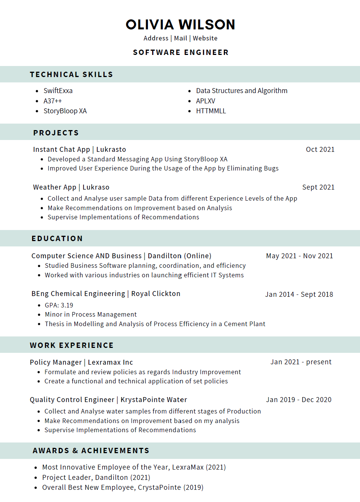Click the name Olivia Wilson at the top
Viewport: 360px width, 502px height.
pyautogui.click(x=180, y=25)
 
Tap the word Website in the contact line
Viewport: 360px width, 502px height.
pyautogui.click(x=205, y=38)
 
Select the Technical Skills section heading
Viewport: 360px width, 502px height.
pyautogui.click(x=71, y=74)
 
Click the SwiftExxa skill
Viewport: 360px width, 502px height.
pyautogui.click(x=58, y=91)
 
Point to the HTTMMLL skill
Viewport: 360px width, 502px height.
pyautogui.click(x=211, y=111)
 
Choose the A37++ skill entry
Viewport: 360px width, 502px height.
pyautogui.click(x=53, y=101)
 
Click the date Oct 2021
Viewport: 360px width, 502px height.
pyautogui.click(x=320, y=150)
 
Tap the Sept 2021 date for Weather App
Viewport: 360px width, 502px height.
pyautogui.click(x=318, y=187)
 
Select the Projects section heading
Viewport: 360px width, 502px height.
pyautogui.click(x=56, y=133)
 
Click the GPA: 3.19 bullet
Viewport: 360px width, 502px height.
pyautogui.click(x=59, y=305)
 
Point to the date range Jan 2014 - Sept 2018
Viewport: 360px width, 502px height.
pyautogui.click(x=299, y=294)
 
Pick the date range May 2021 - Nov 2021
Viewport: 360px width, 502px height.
pyautogui.click(x=299, y=256)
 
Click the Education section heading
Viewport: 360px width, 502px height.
pyautogui.click(x=57, y=238)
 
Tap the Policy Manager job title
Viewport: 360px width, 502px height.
pyautogui.click(x=56, y=362)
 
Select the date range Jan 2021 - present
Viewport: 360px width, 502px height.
pyautogui.click(x=301, y=362)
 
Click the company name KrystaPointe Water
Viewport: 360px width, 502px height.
pyautogui.click(x=154, y=400)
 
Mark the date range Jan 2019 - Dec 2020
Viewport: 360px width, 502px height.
pyautogui.click(x=299, y=400)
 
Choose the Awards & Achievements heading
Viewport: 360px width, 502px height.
pyautogui.click(x=91, y=451)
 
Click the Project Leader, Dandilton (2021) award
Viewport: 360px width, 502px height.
pyautogui.click(x=96, y=478)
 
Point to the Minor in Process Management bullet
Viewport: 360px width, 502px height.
pyautogui.click(x=91, y=314)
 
